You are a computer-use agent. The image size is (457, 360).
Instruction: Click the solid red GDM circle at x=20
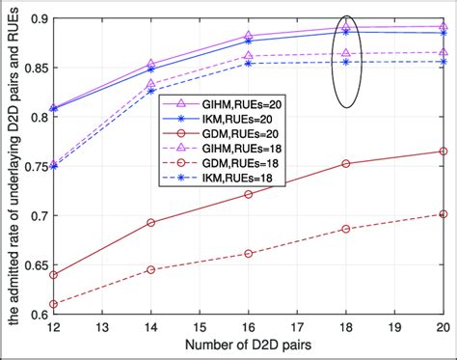point(443,152)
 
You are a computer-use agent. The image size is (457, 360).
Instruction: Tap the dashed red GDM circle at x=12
point(52,304)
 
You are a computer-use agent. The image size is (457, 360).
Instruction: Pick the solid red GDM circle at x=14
point(149,222)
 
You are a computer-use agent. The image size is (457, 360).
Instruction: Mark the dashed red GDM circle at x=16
point(248,253)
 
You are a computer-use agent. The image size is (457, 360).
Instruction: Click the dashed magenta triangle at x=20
point(443,52)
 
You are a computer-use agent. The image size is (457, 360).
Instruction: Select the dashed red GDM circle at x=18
point(345,229)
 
